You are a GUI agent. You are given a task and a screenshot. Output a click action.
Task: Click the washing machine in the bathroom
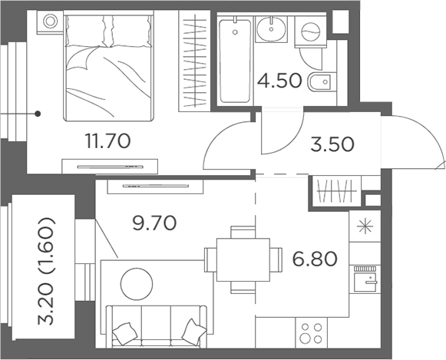click(x=311, y=33)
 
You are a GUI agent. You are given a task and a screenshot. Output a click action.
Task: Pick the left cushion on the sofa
click(x=123, y=333)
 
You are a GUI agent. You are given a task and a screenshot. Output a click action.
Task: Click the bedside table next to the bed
click(x=51, y=22)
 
